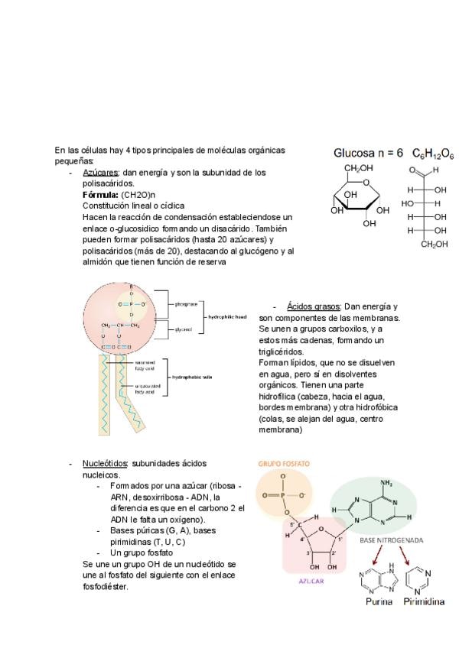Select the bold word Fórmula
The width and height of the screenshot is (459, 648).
[100, 195]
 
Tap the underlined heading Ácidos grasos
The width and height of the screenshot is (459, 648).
[313, 306]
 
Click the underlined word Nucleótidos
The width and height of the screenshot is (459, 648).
[106, 463]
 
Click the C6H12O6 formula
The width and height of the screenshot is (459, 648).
[433, 154]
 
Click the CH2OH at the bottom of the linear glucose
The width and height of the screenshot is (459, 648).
[435, 244]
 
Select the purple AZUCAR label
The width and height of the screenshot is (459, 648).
[311, 581]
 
